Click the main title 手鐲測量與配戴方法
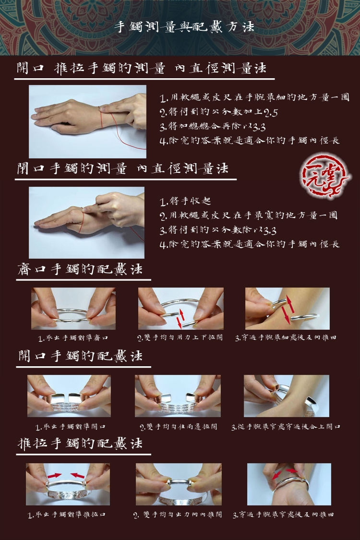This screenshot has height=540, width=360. coord(184,27)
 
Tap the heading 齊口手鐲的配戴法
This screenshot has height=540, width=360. coord(80,269)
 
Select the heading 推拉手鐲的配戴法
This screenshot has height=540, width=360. coord(80,443)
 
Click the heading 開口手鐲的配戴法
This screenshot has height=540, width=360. coord(80,356)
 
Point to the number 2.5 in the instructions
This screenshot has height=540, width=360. coord(271,112)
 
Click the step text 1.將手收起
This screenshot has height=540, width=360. coord(185,201)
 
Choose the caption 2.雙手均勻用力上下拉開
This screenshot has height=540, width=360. coord(180,338)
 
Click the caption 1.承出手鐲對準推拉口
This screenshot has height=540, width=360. coord(67,515)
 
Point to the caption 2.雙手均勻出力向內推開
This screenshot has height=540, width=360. coord(178,515)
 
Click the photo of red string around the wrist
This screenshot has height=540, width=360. coord(87,121)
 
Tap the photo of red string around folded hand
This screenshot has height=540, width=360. coord(86,222)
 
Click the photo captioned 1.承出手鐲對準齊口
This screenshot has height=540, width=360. coord(73,309)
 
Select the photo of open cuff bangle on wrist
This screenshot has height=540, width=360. coord(287,396)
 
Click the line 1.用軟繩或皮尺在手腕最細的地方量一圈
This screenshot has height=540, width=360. coord(254,98)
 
